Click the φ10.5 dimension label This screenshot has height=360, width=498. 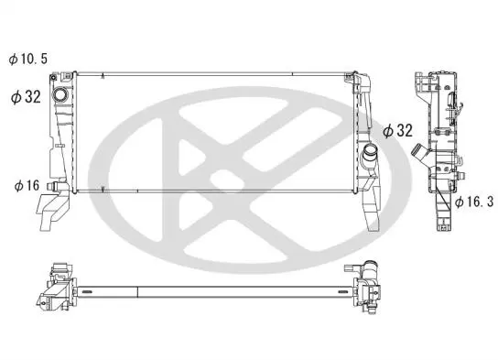[x=28, y=59]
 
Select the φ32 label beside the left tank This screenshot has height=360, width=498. [x=26, y=96]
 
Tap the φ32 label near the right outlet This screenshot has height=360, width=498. [x=397, y=131]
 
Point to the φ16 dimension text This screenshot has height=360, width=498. [x=27, y=186]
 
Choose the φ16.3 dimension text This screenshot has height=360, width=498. [x=474, y=202]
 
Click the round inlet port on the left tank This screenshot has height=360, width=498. [x=60, y=94]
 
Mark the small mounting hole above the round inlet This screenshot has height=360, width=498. [x=53, y=78]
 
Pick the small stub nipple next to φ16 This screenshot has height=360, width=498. [x=51, y=186]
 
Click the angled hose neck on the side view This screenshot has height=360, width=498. [x=420, y=152]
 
